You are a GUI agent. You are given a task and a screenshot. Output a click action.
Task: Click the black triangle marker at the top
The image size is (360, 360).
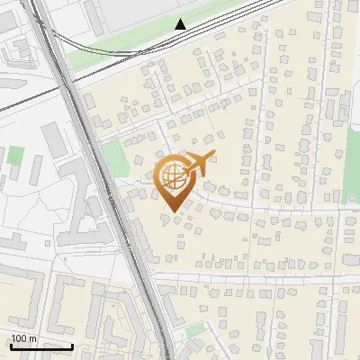(x=181, y=23)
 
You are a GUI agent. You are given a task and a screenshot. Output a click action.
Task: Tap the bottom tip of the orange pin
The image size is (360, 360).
(x=172, y=211)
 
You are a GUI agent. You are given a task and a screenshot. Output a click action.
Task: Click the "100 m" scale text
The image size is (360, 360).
(x=24, y=338)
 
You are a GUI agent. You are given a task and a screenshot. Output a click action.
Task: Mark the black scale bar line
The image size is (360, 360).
(x=40, y=346)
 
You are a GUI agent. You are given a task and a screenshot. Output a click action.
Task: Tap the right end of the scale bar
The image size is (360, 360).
(x=72, y=346)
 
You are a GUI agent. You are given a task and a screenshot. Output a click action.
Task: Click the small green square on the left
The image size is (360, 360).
(x=16, y=154)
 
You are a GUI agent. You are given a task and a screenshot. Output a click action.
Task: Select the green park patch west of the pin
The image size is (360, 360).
(x=115, y=158)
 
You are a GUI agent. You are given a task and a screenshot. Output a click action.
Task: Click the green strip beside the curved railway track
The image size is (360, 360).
(x=117, y=57)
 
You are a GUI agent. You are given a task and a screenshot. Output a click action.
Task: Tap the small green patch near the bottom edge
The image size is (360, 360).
(x=195, y=331)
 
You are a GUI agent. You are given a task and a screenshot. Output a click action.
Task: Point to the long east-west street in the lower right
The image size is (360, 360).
(x=261, y=278)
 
